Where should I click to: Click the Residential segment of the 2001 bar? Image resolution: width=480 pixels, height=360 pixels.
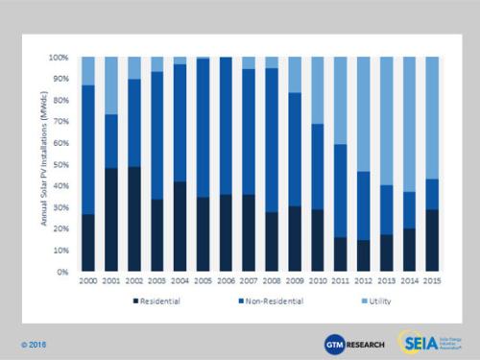pyautogui.click(x=112, y=220)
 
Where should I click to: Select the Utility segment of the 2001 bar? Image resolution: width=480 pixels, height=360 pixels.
pyautogui.click(x=112, y=85)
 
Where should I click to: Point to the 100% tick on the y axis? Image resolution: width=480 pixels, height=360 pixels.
pyautogui.click(x=63, y=58)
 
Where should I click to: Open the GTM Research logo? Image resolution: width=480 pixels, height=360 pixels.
pyautogui.click(x=353, y=341)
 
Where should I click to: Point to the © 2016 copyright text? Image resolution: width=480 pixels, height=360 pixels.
pyautogui.click(x=32, y=344)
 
